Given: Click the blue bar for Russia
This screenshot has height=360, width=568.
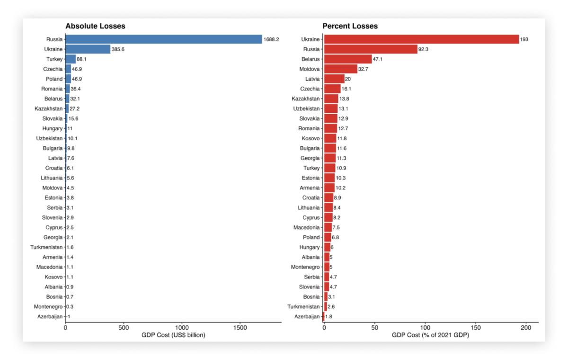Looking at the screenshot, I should click(x=163, y=39).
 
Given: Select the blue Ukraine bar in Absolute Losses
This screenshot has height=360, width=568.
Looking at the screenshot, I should click(x=88, y=49).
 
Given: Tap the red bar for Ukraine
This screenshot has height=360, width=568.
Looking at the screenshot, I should click(x=421, y=39).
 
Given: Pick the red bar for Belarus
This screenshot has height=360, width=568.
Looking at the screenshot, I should click(x=347, y=59).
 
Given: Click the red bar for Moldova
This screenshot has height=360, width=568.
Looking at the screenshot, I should click(x=340, y=69).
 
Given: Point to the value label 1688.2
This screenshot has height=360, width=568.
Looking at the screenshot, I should click(x=271, y=39).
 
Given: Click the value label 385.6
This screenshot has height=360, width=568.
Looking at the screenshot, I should click(x=118, y=49).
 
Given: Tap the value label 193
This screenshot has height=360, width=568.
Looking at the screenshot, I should click(x=524, y=39).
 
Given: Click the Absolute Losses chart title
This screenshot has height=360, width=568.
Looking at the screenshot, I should click(x=95, y=26).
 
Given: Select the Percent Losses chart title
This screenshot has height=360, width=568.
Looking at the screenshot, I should click(x=350, y=26).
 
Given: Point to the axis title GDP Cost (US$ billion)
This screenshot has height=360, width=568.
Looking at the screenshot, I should click(x=173, y=335).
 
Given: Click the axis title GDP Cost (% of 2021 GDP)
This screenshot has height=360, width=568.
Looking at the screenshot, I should click(x=430, y=335).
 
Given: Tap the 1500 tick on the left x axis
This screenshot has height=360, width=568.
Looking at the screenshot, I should click(x=240, y=327).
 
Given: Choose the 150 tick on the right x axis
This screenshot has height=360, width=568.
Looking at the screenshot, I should click(x=476, y=327).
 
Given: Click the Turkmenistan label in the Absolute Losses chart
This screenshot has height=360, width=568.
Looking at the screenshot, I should click(x=46, y=247).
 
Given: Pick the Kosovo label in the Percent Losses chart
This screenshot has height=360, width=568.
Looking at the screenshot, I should click(x=310, y=138).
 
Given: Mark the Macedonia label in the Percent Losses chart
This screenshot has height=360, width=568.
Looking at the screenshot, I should click(x=306, y=227).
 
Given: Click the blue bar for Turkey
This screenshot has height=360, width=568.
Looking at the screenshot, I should click(x=71, y=59).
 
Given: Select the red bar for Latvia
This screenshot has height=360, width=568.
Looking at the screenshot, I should click(x=334, y=79).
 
